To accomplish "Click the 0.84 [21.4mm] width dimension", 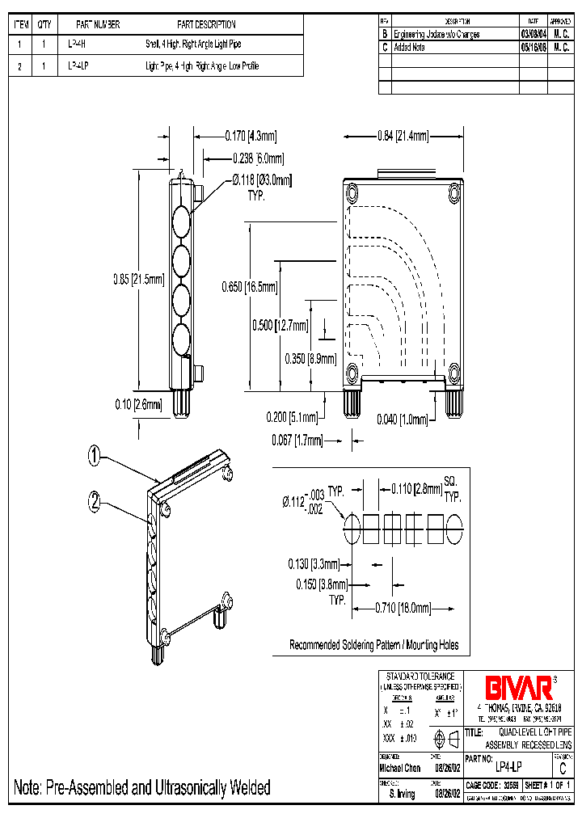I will click(x=402, y=137).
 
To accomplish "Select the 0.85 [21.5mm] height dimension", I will click(x=138, y=280).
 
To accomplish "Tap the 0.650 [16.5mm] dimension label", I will click(x=249, y=287).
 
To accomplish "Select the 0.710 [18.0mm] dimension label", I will click(x=402, y=608).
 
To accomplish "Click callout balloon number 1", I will click(x=95, y=457).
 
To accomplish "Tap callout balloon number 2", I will click(x=95, y=502).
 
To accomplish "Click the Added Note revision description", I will click(x=410, y=48).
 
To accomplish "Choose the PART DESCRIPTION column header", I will click(x=206, y=25).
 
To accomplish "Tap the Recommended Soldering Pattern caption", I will click(x=374, y=645).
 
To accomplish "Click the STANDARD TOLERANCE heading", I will click(x=420, y=677).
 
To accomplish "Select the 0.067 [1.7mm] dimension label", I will click(x=297, y=441).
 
